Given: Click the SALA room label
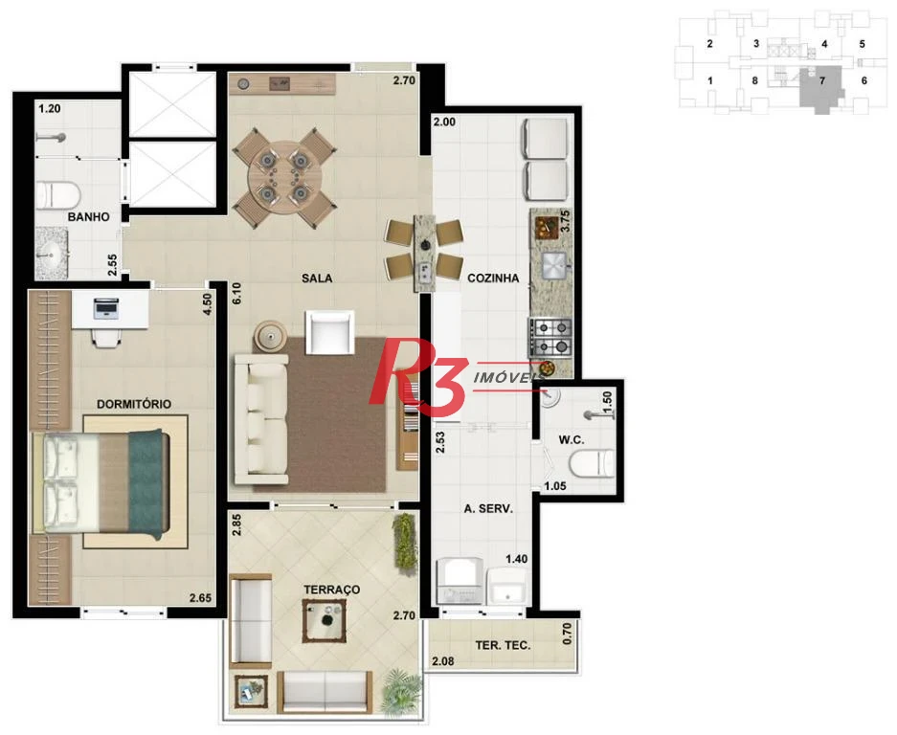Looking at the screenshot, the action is pyautogui.click(x=317, y=278).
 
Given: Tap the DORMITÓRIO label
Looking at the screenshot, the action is pyautogui.click(x=134, y=404).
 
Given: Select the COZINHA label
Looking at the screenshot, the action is pyautogui.click(x=493, y=278).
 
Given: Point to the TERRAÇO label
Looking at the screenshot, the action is pyautogui.click(x=332, y=590).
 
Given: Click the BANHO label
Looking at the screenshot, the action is pyautogui.click(x=89, y=217).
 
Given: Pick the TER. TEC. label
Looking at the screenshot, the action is pyautogui.click(x=503, y=645).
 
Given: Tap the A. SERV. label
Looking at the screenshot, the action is pyautogui.click(x=488, y=508).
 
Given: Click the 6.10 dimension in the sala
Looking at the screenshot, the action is pyautogui.click(x=236, y=294).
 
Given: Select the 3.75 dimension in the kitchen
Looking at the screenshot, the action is pyautogui.click(x=565, y=221).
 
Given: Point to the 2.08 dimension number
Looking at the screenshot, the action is pyautogui.click(x=443, y=661).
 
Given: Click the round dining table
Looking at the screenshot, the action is pyautogui.click(x=284, y=177).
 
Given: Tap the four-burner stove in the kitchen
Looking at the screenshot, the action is pyautogui.click(x=550, y=337).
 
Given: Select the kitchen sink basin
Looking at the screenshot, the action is pyautogui.click(x=553, y=265).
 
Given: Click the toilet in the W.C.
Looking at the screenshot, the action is pyautogui.click(x=592, y=464).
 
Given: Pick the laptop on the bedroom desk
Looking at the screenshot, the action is pyautogui.click(x=106, y=308).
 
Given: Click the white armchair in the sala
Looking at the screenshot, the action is pyautogui.click(x=329, y=332).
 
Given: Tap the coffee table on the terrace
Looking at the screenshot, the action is pyautogui.click(x=325, y=620).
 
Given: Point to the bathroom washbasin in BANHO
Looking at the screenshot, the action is pyautogui.click(x=52, y=254).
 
